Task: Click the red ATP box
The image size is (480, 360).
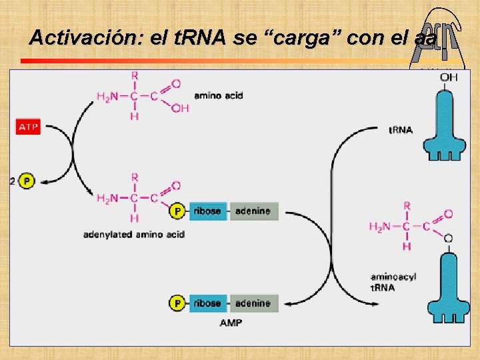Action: click(28, 127)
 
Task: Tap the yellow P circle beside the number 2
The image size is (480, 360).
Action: click(26, 181)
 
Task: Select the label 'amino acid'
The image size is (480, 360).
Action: click(218, 95)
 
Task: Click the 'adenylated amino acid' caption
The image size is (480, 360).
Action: click(134, 234)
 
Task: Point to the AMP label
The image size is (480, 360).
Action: click(231, 323)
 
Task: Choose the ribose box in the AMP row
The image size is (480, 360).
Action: click(207, 303)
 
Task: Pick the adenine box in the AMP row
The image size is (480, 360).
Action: click(253, 303)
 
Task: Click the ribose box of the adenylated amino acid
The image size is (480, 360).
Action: click(207, 211)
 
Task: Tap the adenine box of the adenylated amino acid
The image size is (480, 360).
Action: click(253, 211)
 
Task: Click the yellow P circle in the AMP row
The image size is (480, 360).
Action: click(177, 303)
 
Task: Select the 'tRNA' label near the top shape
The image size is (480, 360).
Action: click(400, 129)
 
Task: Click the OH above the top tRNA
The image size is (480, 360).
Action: click(449, 78)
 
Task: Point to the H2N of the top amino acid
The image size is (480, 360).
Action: click(107, 97)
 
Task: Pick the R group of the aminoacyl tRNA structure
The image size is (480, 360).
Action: click(407, 206)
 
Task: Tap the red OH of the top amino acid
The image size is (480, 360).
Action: click(180, 108)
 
